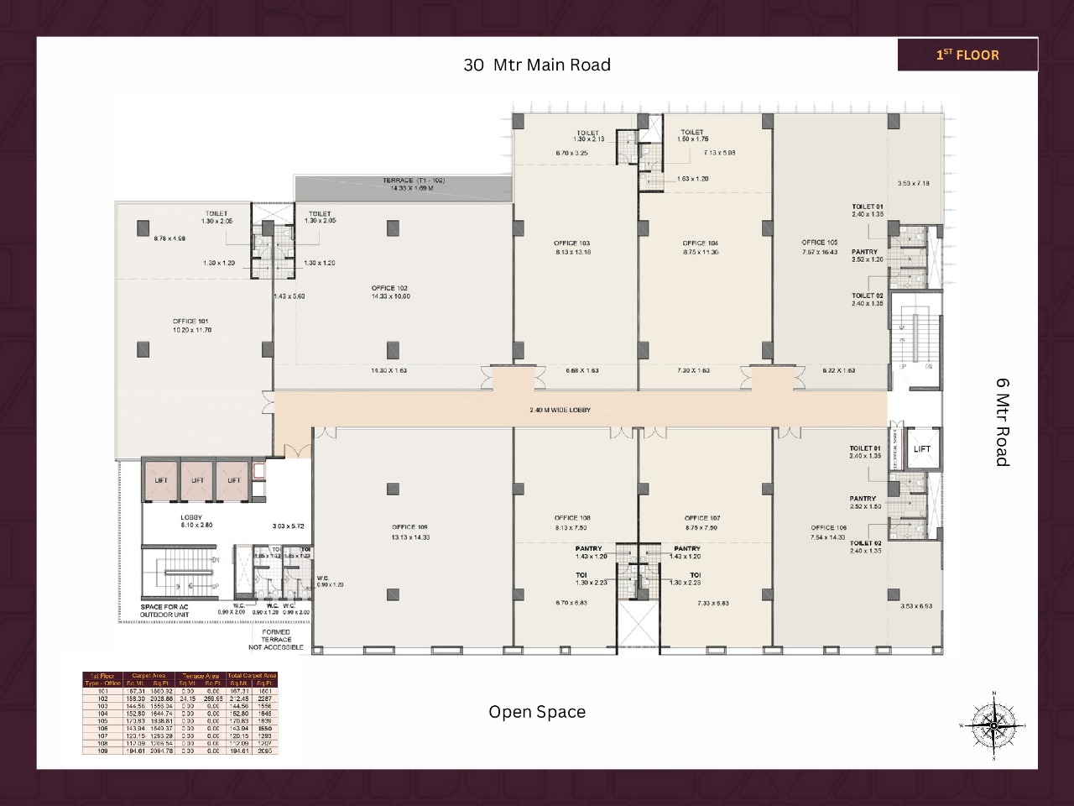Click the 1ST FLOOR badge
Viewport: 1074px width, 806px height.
967,55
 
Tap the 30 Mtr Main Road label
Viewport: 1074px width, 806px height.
537,65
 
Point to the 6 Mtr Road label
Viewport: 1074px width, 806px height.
1002,421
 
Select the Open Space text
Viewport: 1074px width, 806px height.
537,712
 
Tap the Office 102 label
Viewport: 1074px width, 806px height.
389,289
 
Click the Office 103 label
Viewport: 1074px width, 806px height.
572,243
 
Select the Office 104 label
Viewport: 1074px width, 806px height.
700,243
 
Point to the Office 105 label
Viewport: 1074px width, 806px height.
819,243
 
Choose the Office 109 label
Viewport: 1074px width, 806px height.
410,527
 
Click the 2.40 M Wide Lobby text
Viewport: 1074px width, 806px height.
560,411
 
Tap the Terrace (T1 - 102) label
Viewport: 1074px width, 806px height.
414,181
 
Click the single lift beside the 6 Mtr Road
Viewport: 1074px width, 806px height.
922,449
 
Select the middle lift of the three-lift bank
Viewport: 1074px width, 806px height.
197,481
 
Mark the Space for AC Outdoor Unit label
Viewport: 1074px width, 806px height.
164,611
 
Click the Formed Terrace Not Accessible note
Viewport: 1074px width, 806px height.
276,640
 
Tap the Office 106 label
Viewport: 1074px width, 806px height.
828,528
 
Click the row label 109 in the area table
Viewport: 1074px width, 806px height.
102,751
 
